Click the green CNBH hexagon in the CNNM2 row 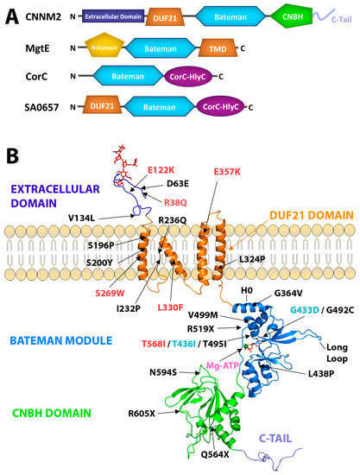pyautogui.click(x=292, y=15)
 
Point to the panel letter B pyautogui.click(x=11, y=157)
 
